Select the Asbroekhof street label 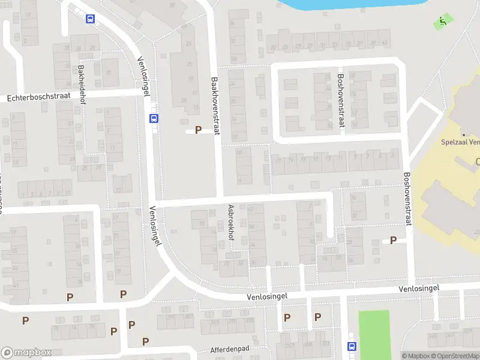(x=231, y=221)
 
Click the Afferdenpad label (x=230, y=349)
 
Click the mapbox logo (x=26, y=353)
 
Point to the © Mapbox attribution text (x=415, y=356)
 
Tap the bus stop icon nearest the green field (x=352, y=346)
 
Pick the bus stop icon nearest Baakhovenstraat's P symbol (x=154, y=118)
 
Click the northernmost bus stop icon (x=90, y=19)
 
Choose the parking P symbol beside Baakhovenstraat (x=198, y=130)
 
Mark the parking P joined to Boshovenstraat (x=394, y=240)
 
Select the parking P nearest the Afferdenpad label (x=145, y=341)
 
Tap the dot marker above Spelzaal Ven (x=463, y=134)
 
